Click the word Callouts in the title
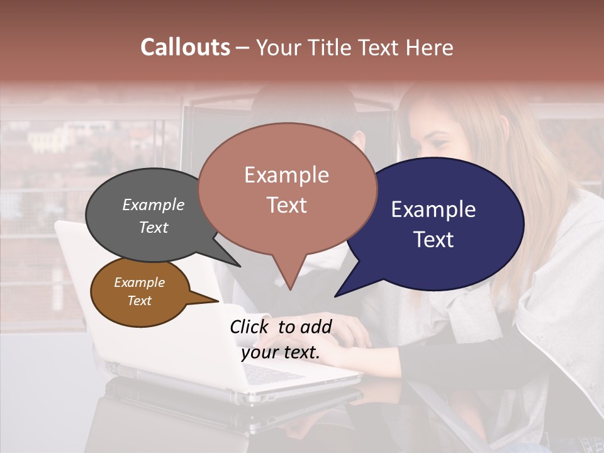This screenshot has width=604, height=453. pyautogui.click(x=185, y=47)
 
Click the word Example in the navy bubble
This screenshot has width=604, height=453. pyautogui.click(x=433, y=210)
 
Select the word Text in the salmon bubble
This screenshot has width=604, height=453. pyautogui.click(x=287, y=205)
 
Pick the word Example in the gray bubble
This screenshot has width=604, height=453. pyautogui.click(x=154, y=205)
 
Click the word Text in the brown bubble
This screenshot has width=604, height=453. pyautogui.click(x=140, y=301)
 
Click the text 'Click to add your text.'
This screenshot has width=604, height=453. pyautogui.click(x=281, y=339)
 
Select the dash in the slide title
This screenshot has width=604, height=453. pyautogui.click(x=243, y=48)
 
